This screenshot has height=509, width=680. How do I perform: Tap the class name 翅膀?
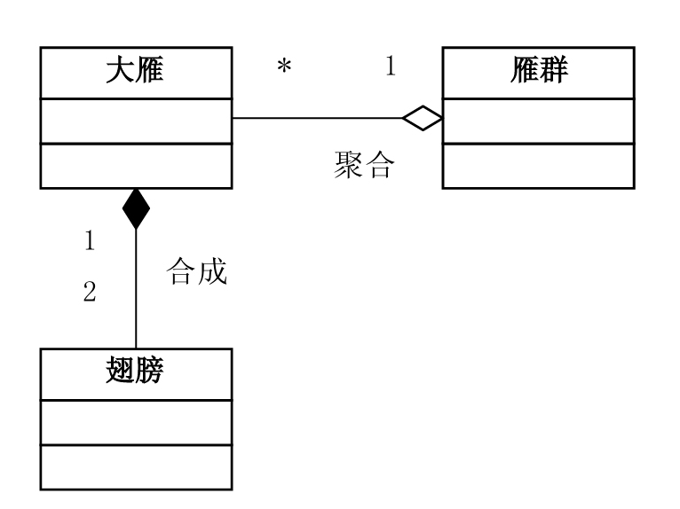click(x=136, y=372)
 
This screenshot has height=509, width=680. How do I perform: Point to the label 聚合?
click(x=362, y=166)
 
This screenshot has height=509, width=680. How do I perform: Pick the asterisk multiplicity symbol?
click(x=284, y=68)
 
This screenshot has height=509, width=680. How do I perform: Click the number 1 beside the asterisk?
click(x=391, y=67)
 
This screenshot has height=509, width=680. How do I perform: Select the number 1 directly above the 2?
click(x=89, y=240)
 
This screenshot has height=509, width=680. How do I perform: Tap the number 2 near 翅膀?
click(x=89, y=292)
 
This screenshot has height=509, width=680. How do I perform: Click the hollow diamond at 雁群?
click(x=422, y=119)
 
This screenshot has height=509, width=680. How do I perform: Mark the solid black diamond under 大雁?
click(x=136, y=208)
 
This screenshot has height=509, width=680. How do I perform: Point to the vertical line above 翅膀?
click(x=136, y=293)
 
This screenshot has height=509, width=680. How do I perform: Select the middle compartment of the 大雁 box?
click(x=136, y=121)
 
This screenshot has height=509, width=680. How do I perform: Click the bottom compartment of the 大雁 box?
click(x=136, y=165)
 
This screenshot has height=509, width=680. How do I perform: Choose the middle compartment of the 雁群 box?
click(x=537, y=121)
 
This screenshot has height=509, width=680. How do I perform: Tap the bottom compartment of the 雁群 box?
click(x=537, y=165)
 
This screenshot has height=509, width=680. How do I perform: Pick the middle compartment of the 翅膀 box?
click(x=136, y=420)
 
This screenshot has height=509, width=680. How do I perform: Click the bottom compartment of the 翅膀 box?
click(x=136, y=466)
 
